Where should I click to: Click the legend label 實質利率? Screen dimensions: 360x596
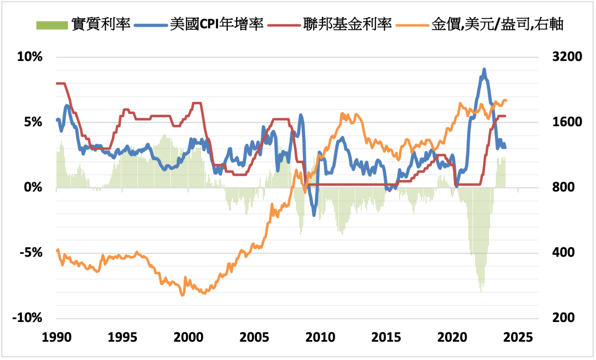pyautogui.click(x=101, y=24)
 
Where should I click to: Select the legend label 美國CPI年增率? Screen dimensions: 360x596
pyautogui.click(x=217, y=24)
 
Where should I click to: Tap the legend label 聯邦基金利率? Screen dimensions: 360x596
pyautogui.click(x=347, y=24)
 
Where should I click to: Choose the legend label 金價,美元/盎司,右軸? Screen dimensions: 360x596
pyautogui.click(x=497, y=24)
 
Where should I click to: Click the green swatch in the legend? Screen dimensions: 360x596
pyautogui.click(x=52, y=25)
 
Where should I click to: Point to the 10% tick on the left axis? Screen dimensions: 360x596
pyautogui.click(x=30, y=57)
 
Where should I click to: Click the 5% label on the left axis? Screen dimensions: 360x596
pyautogui.click(x=33, y=122)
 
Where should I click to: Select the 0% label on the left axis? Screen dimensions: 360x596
pyautogui.click(x=33, y=187)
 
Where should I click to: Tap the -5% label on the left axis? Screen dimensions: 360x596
pyautogui.click(x=31, y=253)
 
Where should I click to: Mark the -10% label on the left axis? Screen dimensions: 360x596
pyautogui.click(x=28, y=318)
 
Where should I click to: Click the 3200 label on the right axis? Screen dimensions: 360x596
pyautogui.click(x=567, y=57)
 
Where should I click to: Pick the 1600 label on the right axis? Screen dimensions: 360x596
pyautogui.click(x=567, y=122)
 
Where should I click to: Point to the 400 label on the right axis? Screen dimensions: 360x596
pyautogui.click(x=563, y=252)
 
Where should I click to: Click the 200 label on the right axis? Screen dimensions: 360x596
pyautogui.click(x=563, y=318)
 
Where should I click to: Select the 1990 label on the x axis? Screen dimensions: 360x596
pyautogui.click(x=57, y=337)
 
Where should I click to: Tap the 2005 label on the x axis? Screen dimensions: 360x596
pyautogui.click(x=254, y=337)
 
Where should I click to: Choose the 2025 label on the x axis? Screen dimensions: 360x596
pyautogui.click(x=518, y=337)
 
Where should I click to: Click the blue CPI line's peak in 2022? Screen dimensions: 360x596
pyautogui.click(x=484, y=70)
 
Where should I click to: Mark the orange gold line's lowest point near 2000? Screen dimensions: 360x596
pyautogui.click(x=183, y=295)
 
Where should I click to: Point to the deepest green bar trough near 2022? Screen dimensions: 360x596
pyautogui.click(x=481, y=291)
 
